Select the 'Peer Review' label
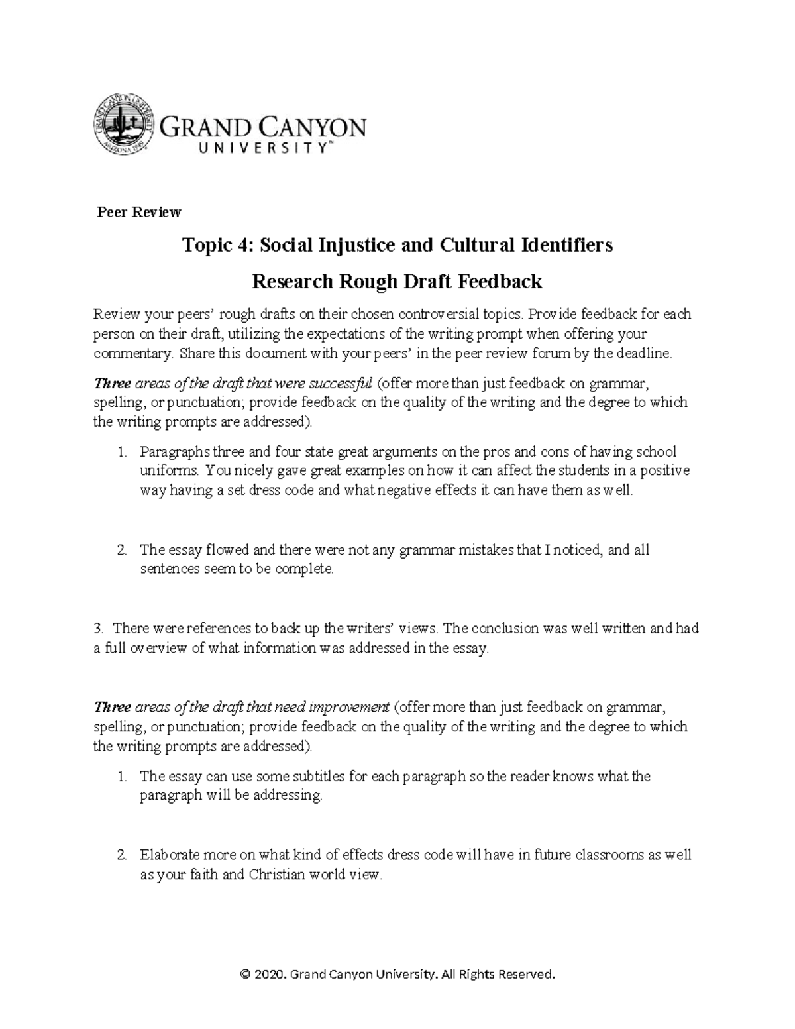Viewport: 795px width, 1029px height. (x=139, y=212)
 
